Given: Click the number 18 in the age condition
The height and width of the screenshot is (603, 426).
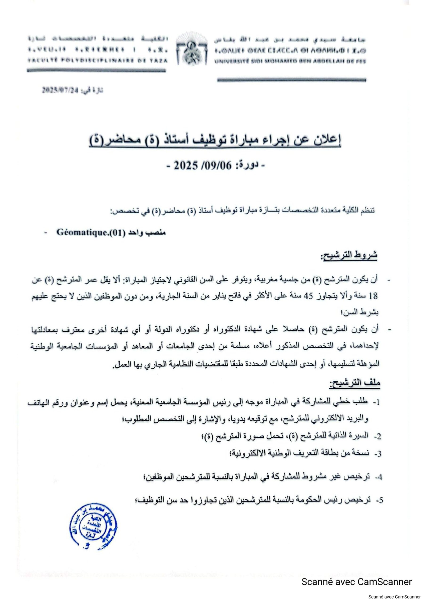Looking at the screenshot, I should pos(374,297).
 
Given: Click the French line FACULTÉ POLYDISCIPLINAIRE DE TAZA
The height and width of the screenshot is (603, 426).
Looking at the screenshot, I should pos(97,61).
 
